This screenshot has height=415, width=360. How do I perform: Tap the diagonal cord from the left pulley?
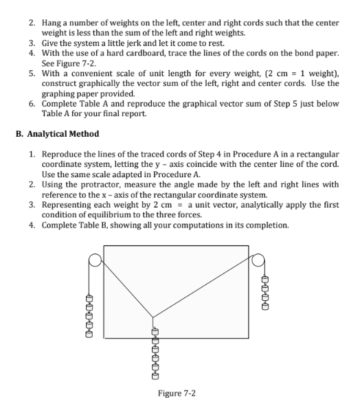tap(124, 287)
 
